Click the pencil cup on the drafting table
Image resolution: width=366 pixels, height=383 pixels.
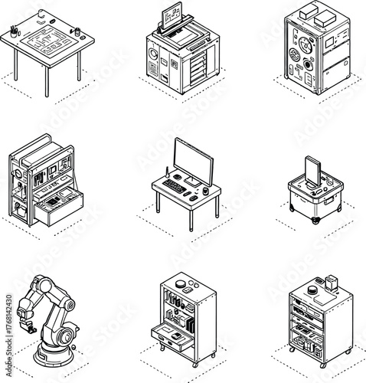point(14,30)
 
